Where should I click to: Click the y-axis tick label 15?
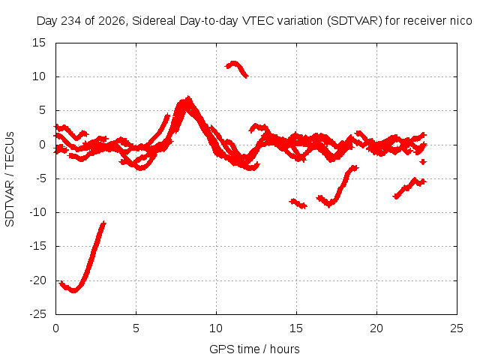click(x=39, y=43)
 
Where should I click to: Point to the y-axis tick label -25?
click(x=37, y=314)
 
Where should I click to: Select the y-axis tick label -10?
click(x=37, y=212)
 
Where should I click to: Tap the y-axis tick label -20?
click(x=37, y=280)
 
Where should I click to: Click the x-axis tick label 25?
click(x=457, y=328)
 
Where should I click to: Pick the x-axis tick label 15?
click(x=296, y=328)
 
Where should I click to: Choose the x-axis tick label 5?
click(x=136, y=328)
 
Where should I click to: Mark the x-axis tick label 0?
click(x=55, y=328)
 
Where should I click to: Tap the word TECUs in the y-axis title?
click(x=10, y=150)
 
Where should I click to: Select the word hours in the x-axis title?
click(x=285, y=349)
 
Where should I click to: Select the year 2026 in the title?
click(x=112, y=21)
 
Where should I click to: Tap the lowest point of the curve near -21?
click(x=73, y=290)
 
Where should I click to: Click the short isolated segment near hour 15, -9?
click(x=298, y=203)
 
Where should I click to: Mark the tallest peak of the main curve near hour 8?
click(x=188, y=97)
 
